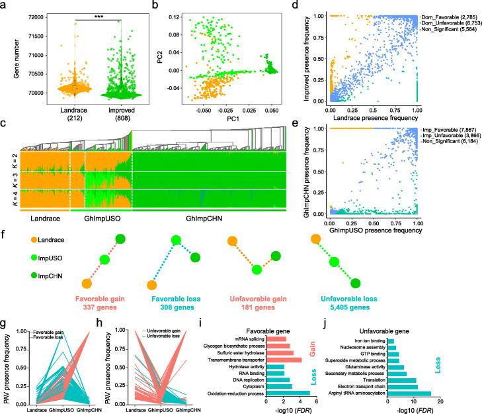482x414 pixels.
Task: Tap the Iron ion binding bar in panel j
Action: coord(391,341)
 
